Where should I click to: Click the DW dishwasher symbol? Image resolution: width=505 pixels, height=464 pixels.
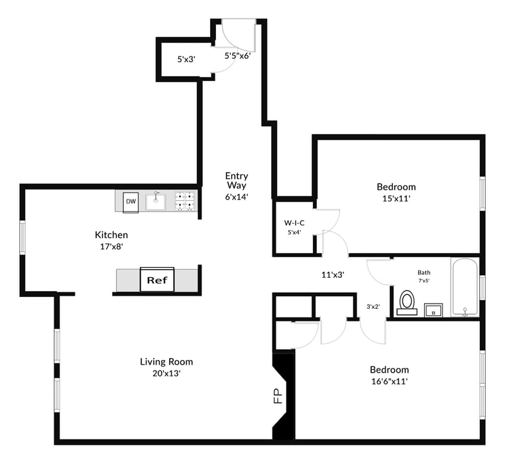(x=131, y=202)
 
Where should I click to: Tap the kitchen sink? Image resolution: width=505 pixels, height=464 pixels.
(x=156, y=202)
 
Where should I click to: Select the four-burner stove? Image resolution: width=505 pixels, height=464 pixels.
(x=185, y=202)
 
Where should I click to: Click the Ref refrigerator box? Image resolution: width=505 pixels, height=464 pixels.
(x=157, y=279)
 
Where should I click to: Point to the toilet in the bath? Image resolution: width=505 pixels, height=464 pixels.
(x=407, y=303)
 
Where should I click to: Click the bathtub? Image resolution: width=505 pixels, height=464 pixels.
(x=465, y=288)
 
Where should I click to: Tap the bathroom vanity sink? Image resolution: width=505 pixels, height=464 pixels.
(x=433, y=310)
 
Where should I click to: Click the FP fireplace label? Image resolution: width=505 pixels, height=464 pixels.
(x=278, y=396)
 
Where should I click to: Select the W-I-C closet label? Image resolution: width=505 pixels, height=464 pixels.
(x=294, y=223)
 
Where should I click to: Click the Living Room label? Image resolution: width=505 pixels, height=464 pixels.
(x=166, y=361)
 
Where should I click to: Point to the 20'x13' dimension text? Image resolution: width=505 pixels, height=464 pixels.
(x=166, y=373)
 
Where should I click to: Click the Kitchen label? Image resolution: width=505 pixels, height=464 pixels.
(x=111, y=235)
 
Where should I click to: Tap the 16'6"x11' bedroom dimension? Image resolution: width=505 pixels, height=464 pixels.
(x=390, y=382)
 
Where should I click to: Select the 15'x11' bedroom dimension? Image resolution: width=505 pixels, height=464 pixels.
(x=396, y=198)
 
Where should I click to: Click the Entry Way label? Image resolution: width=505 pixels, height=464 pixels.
(x=237, y=180)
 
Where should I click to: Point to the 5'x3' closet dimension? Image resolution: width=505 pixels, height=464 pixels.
(x=186, y=59)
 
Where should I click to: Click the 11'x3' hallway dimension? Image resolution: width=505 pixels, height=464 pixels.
(x=333, y=275)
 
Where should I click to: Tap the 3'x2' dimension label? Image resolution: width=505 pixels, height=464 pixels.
(x=373, y=307)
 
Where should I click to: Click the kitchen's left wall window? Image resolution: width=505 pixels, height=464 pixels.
(x=23, y=237)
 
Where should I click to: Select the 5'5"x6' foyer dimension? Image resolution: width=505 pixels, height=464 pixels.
(x=238, y=56)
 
